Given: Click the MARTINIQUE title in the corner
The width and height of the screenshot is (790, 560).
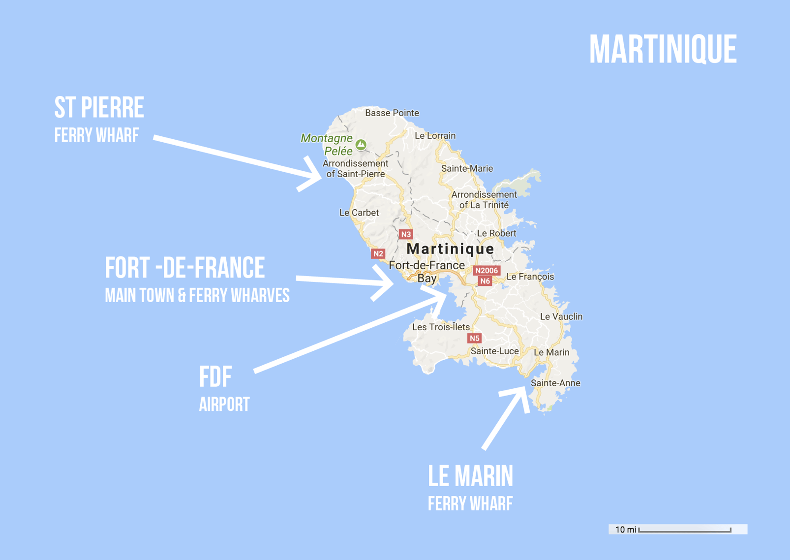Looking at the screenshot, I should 663,49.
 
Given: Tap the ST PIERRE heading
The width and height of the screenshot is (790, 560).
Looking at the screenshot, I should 99,108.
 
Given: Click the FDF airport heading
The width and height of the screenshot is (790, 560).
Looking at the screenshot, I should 215,377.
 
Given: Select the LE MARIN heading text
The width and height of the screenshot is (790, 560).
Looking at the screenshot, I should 470,476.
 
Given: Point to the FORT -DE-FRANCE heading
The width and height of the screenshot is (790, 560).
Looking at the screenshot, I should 185,268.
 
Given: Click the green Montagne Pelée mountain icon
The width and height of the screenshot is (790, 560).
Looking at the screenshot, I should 361,144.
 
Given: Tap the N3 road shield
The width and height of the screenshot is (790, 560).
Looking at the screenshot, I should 405,234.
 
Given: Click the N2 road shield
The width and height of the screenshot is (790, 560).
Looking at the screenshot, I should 378,254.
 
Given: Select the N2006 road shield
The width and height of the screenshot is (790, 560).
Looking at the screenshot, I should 486,271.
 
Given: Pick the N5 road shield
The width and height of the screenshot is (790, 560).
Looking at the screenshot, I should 474,338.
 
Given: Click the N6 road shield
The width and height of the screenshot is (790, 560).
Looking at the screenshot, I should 485,281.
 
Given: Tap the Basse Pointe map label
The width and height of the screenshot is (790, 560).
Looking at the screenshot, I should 392,113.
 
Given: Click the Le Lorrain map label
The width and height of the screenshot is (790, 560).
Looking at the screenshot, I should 435,136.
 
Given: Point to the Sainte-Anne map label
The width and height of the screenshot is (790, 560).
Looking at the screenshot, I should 555,383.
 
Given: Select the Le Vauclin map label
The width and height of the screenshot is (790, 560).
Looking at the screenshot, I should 561,316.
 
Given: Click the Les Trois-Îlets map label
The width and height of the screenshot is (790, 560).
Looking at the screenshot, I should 441,327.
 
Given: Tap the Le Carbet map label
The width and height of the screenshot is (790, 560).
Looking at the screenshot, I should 359,213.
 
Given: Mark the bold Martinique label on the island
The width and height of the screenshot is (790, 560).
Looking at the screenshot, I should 450,249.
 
